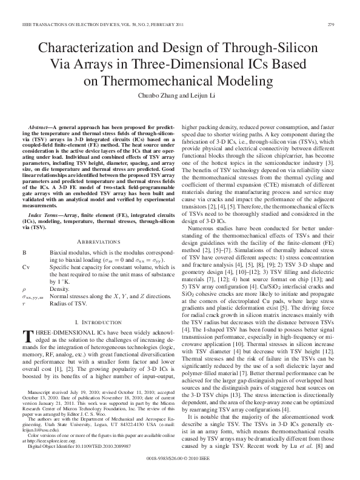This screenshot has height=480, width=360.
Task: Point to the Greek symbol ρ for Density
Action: (24, 281)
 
